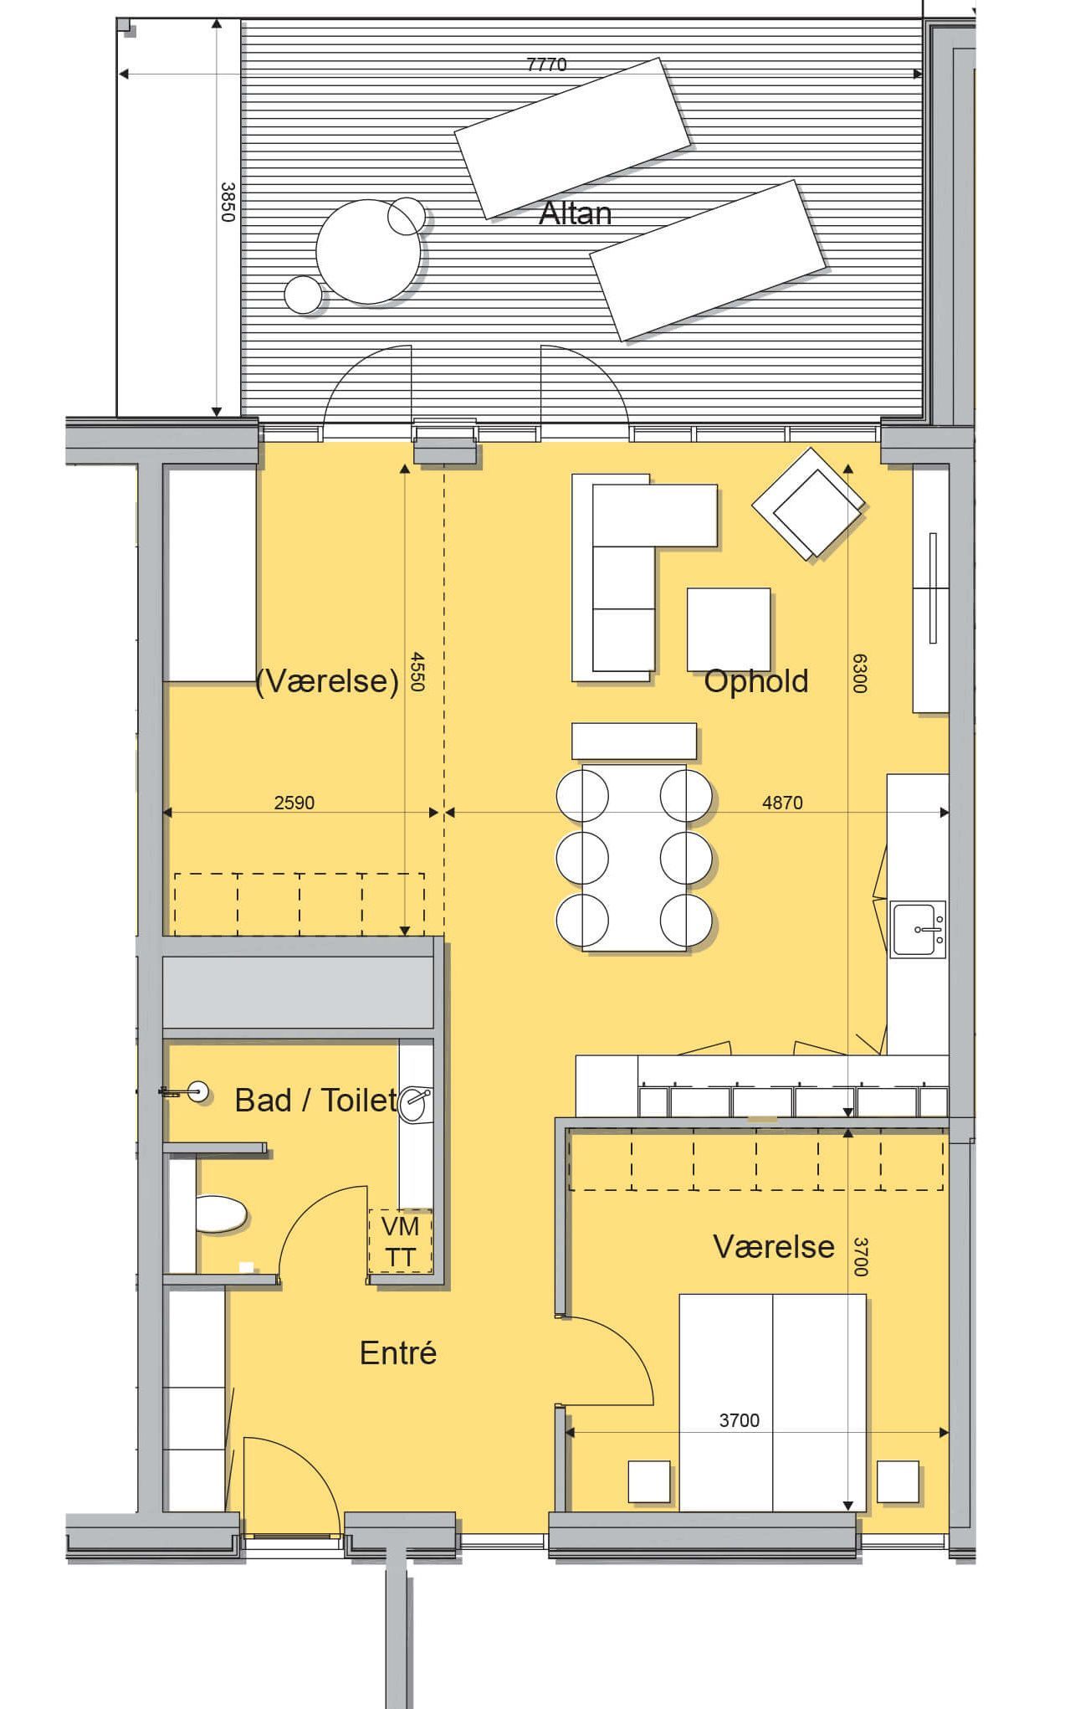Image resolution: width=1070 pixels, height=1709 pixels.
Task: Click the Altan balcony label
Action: pos(575,213)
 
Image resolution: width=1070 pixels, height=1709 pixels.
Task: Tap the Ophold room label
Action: pos(756,681)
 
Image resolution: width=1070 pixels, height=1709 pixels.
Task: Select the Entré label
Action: pos(398,1352)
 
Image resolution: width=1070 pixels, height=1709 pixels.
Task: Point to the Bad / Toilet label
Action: pos(316,1100)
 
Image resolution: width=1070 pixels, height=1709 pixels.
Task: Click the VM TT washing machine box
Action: pos(401,1242)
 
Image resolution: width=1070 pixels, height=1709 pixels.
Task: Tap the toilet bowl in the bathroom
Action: pos(221,1214)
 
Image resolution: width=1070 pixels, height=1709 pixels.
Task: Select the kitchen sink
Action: pos(918,928)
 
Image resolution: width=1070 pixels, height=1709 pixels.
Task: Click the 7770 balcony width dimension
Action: pos(546,64)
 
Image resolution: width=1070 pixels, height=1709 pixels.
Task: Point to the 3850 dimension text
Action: pos(226,203)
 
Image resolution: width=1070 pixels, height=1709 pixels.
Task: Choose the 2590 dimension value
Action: pos(294,803)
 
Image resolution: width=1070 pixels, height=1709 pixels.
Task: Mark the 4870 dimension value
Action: pos(782,803)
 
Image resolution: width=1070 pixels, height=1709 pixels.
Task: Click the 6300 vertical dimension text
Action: pos(859,673)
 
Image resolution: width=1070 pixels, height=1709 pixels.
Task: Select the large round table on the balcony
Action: pos(368,251)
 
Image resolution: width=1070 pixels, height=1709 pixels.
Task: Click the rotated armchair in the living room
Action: pos(808,504)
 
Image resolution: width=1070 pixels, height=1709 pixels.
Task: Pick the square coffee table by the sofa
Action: pos(729,629)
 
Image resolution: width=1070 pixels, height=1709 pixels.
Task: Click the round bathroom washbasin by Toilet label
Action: pos(416,1103)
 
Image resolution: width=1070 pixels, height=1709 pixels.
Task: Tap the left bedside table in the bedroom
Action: pos(649,1481)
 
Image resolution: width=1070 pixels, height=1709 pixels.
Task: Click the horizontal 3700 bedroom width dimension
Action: pos(740,1420)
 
